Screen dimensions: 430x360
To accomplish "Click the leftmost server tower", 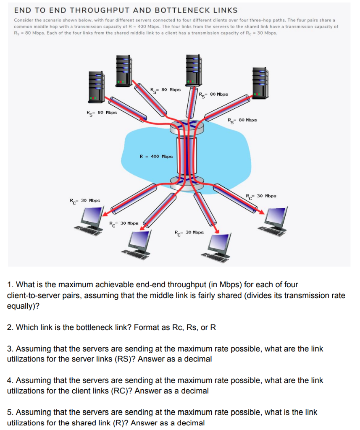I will (x=96, y=86).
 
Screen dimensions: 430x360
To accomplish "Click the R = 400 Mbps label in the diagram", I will (x=156, y=156).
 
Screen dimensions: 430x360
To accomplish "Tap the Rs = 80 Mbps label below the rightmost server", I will (x=242, y=120).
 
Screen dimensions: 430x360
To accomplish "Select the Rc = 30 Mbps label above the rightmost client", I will (x=261, y=196).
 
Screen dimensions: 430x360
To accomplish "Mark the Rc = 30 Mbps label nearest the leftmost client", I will (x=84, y=201).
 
